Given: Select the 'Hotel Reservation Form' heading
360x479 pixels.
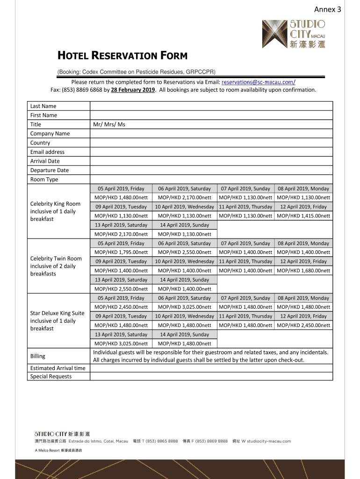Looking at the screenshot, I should pos(122,56).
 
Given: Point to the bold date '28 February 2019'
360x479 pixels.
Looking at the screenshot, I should pos(133,89).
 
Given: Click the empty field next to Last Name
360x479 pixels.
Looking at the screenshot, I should pos(211,106).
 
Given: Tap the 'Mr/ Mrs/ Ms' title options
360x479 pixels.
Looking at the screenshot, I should pos(109,124).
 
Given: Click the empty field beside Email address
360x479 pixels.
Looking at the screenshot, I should pos(211,152).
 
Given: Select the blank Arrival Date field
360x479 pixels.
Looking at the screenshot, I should pos(211,161).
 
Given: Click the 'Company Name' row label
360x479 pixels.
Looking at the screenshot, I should pos(50,133).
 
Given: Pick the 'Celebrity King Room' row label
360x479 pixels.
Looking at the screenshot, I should pos(55,204).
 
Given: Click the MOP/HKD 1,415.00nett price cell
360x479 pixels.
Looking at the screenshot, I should pos(303,216).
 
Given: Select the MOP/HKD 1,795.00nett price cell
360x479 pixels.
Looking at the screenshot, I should pos(121,252).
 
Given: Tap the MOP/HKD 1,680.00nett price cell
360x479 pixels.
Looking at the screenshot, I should pos(303,270).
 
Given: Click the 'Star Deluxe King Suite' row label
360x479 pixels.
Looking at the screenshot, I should pos(57,313).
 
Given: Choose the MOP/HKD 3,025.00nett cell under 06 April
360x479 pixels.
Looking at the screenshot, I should pos(185,307).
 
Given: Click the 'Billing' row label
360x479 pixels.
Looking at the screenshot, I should pos(38,356).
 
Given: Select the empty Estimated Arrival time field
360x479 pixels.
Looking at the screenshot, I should pos(211,368).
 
